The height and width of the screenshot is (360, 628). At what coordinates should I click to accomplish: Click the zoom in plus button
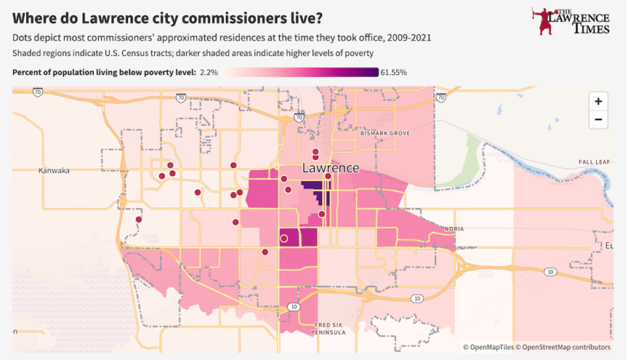598,101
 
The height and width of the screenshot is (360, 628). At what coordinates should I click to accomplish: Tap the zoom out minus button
598,119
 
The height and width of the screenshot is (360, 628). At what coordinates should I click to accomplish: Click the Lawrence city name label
331,167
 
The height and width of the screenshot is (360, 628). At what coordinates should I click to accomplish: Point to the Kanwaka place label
54,170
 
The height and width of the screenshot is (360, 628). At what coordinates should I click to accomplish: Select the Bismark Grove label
385,133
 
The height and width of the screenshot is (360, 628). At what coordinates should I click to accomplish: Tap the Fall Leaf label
595,162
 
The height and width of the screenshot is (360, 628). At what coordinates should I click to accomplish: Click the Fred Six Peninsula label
329,329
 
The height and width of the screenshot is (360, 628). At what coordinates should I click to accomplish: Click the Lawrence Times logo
571,21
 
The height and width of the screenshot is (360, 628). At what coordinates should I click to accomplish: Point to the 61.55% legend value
394,72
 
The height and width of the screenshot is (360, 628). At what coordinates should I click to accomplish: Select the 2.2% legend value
209,72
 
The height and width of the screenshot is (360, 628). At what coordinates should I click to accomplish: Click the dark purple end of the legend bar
374,72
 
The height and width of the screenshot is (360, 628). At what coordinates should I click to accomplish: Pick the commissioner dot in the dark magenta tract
284,239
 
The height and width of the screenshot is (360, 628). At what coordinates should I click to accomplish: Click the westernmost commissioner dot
139,220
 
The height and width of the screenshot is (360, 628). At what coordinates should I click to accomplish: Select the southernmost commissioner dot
265,252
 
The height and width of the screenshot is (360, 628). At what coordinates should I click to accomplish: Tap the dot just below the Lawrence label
328,177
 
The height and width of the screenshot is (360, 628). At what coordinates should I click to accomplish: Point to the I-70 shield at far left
38,92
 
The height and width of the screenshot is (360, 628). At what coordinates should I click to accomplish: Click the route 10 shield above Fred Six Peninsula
294,307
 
